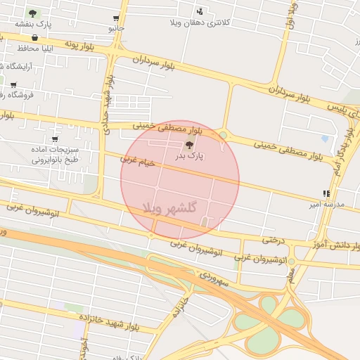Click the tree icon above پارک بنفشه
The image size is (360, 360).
tap(32, 13)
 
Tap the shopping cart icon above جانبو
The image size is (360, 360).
tap(116, 18)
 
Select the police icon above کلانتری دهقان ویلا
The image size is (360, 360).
tap(200, 11)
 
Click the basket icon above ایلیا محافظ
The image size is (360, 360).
tap(35, 38)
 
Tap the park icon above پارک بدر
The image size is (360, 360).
tap(188, 145)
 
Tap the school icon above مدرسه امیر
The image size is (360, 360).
tap(326, 193)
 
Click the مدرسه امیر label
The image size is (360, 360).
tap(327, 204)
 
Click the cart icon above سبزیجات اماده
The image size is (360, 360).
tap(56, 139)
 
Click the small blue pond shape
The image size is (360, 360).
tap(325, 139)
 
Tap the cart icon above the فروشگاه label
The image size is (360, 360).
tap(13, 85)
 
